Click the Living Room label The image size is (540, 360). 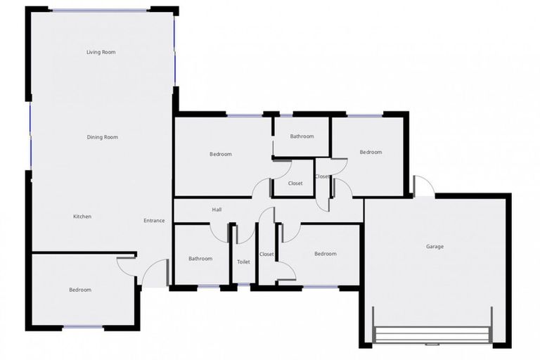pyautogui.click(x=101, y=52)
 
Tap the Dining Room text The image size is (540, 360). pyautogui.click(x=102, y=137)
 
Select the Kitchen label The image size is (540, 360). pyautogui.click(x=82, y=217)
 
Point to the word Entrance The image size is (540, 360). pyautogui.click(x=154, y=221)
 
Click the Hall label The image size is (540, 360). pyautogui.click(x=217, y=210)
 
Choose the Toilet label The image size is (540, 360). pyautogui.click(x=243, y=262)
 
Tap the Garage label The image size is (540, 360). pyautogui.click(x=435, y=247)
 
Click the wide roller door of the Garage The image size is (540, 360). pyautogui.click(x=432, y=335)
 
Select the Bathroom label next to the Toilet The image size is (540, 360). pyautogui.click(x=200, y=259)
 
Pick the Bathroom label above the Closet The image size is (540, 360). pyautogui.click(x=302, y=136)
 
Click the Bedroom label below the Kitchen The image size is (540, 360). pyautogui.click(x=79, y=290)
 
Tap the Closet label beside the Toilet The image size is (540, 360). pyautogui.click(x=266, y=254)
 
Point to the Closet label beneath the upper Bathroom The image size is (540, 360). pyautogui.click(x=295, y=184)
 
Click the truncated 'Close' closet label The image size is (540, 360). pyautogui.click(x=322, y=176)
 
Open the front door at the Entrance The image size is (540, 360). pyautogui.click(x=156, y=273)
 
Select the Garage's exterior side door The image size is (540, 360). pyautogui.click(x=423, y=186)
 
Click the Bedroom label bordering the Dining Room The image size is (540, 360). pyautogui.click(x=220, y=154)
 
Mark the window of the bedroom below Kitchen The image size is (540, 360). pyautogui.click(x=83, y=327)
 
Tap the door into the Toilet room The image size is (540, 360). pyautogui.click(x=244, y=233)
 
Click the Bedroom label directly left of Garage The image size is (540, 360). pyautogui.click(x=325, y=254)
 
